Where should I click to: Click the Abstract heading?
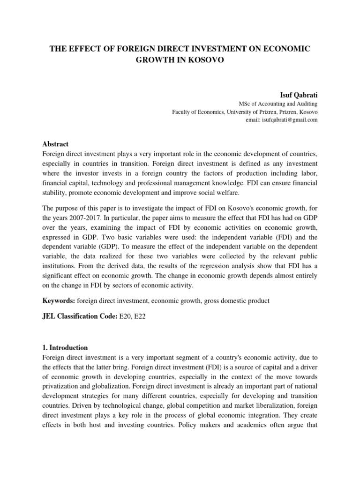click(x=55, y=144)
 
